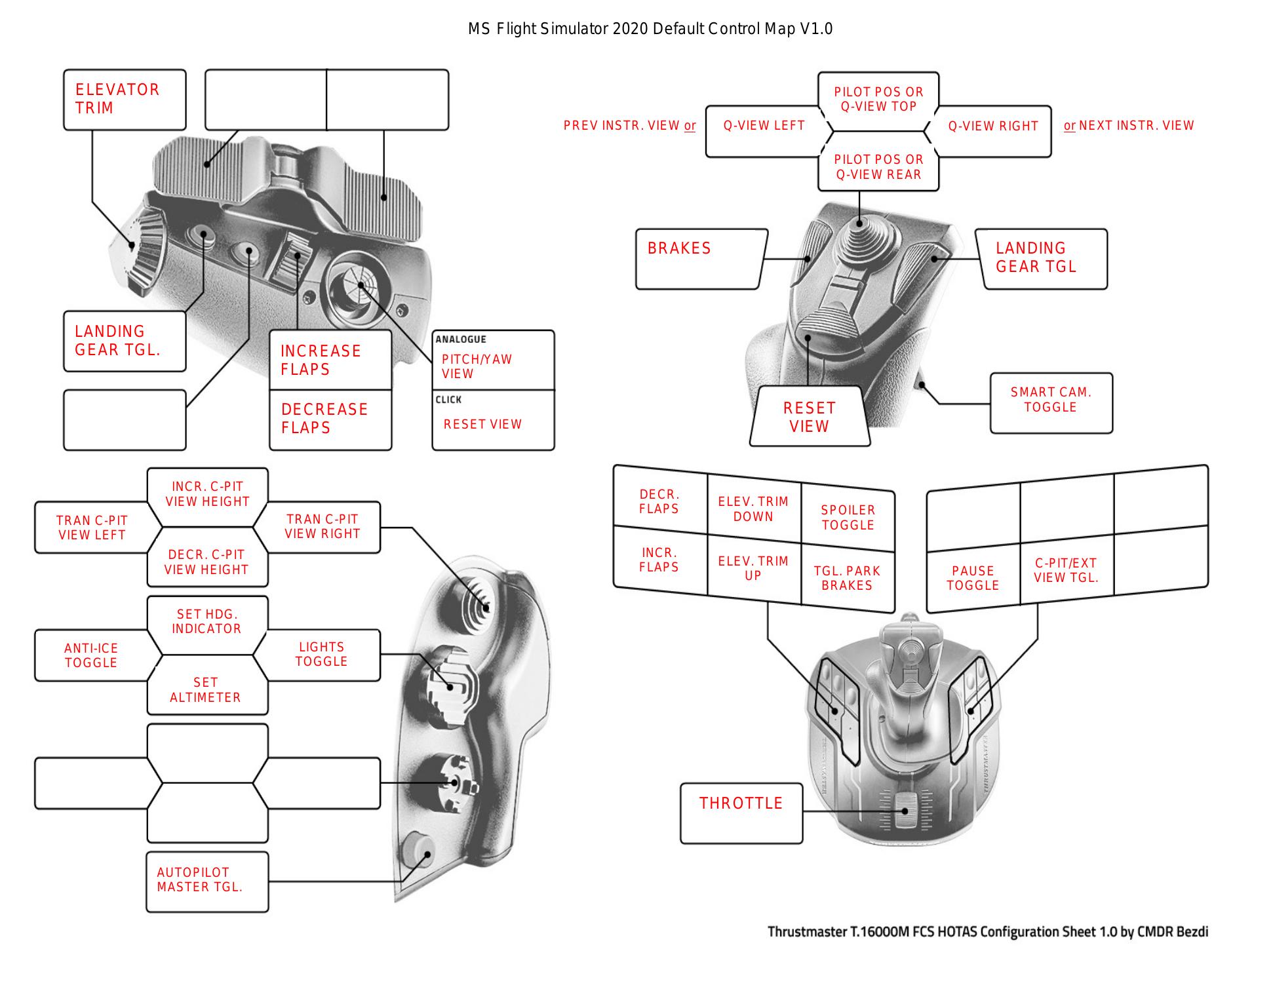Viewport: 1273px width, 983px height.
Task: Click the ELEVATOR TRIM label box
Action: pos(125,100)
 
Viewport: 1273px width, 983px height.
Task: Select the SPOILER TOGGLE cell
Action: pos(848,518)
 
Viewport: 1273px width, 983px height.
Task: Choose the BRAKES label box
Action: pos(700,258)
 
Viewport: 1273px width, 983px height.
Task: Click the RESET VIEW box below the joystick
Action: pos(810,417)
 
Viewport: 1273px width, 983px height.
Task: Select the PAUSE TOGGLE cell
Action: pos(973,578)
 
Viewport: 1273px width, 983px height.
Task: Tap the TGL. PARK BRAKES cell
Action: pos(847,578)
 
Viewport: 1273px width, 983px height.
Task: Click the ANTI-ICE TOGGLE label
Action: pos(91,655)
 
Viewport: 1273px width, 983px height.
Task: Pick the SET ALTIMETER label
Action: pos(206,690)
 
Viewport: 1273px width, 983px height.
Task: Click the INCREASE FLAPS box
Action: pos(330,360)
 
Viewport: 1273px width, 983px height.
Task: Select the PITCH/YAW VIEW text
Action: pos(477,366)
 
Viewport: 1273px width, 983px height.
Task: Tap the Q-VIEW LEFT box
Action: pos(764,126)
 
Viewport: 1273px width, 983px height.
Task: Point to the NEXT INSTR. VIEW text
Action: pos(1135,126)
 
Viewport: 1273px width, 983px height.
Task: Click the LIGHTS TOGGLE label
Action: pos(321,654)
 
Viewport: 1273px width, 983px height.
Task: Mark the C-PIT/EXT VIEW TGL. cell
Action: pos(1066,570)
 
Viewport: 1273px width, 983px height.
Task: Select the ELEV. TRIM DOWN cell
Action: pos(753,509)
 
